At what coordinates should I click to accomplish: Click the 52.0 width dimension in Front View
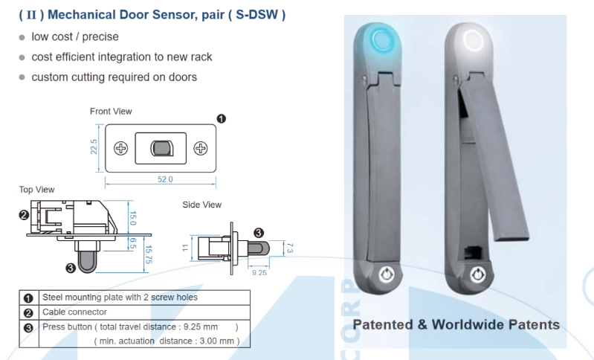[x=164, y=179]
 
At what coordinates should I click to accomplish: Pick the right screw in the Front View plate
[x=200, y=149]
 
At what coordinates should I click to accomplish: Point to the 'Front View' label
[x=111, y=112]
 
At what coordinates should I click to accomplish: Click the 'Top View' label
[x=36, y=190]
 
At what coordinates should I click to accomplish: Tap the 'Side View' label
[x=201, y=205]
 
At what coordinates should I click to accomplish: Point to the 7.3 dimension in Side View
[x=291, y=247]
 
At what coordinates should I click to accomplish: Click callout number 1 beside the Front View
[x=221, y=118]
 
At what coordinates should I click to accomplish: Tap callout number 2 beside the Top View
[x=24, y=215]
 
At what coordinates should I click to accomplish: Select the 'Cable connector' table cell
[x=74, y=312]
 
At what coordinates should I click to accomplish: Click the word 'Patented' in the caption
[x=384, y=325]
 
